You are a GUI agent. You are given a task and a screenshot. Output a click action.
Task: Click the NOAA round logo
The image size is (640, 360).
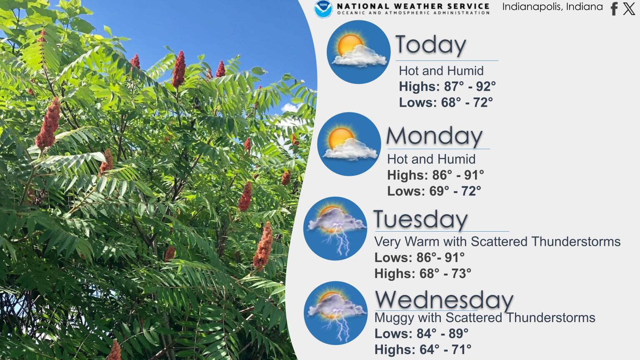323,9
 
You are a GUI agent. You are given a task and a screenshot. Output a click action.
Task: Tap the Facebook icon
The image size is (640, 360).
614,9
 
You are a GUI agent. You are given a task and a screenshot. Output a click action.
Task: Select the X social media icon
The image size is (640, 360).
629,9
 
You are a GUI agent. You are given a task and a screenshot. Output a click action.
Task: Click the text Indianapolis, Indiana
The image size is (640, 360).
552,7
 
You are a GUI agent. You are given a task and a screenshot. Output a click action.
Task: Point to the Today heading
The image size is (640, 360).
431,45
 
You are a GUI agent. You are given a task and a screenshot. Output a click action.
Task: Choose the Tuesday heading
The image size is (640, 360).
420,219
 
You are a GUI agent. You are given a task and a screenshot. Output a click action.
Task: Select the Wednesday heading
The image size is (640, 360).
444,300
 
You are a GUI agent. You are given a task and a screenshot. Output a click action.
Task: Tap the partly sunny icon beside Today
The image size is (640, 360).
359,52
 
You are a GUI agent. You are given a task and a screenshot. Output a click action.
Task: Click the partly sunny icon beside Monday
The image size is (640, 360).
349,144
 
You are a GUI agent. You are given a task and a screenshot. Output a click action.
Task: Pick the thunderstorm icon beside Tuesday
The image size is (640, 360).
335,229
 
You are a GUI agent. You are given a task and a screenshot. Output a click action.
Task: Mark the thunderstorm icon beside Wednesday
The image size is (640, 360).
336,313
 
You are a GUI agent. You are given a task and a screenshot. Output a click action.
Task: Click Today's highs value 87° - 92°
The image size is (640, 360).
470,87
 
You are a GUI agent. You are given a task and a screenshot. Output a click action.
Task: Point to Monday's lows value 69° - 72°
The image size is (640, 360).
455,191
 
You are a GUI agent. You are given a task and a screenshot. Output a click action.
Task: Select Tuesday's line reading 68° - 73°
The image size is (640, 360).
445,273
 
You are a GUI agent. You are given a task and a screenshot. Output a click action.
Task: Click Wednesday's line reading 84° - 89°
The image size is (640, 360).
442,333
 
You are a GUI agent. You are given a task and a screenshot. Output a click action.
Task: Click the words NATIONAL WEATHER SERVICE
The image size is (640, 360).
413,6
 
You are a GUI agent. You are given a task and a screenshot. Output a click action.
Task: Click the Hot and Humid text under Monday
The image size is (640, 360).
431,159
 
